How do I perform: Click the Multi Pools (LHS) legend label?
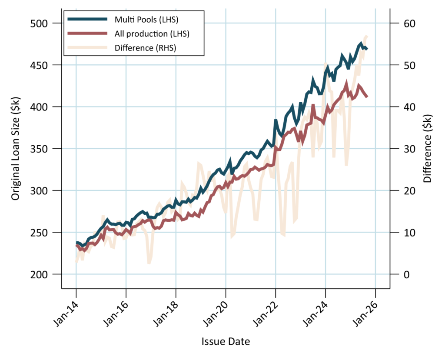[146, 20]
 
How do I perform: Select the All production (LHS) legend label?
[152, 33]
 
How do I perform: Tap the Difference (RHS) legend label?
[145, 48]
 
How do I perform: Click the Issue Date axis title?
[226, 342]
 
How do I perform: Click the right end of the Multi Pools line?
[367, 49]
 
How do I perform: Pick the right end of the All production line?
[367, 97]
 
